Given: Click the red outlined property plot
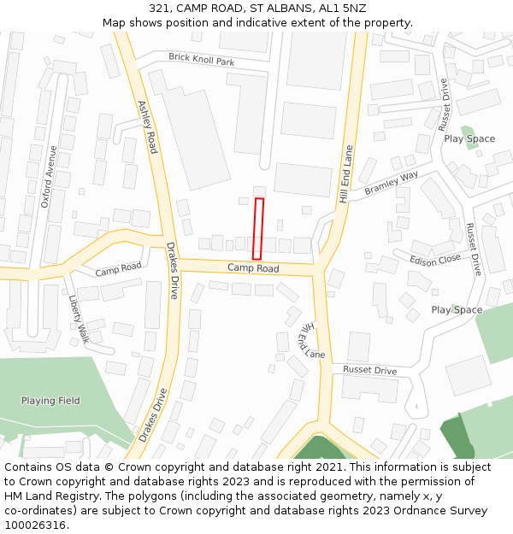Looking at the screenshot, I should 258,229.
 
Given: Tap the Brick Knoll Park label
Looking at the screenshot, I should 201,59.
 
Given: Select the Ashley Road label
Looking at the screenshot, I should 147,126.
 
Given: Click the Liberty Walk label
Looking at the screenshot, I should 79,320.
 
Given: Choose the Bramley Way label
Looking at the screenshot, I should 392,184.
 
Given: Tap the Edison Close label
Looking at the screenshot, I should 435,260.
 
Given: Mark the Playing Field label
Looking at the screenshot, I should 50,400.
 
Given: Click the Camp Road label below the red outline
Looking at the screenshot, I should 253,268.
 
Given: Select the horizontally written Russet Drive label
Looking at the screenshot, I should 370,370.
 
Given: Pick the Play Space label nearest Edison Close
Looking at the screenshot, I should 457,309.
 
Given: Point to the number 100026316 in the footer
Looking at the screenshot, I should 35,525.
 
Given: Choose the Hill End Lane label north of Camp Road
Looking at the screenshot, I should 345,173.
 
